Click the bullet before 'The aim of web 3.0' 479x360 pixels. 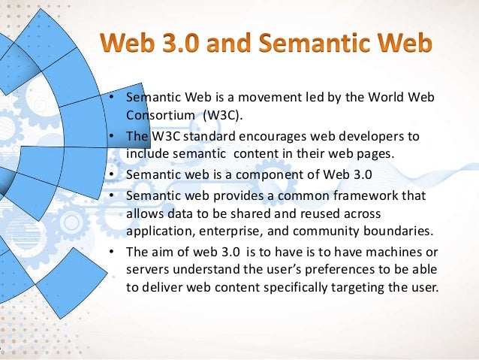[111, 252]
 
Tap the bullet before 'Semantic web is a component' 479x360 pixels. [111, 177]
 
